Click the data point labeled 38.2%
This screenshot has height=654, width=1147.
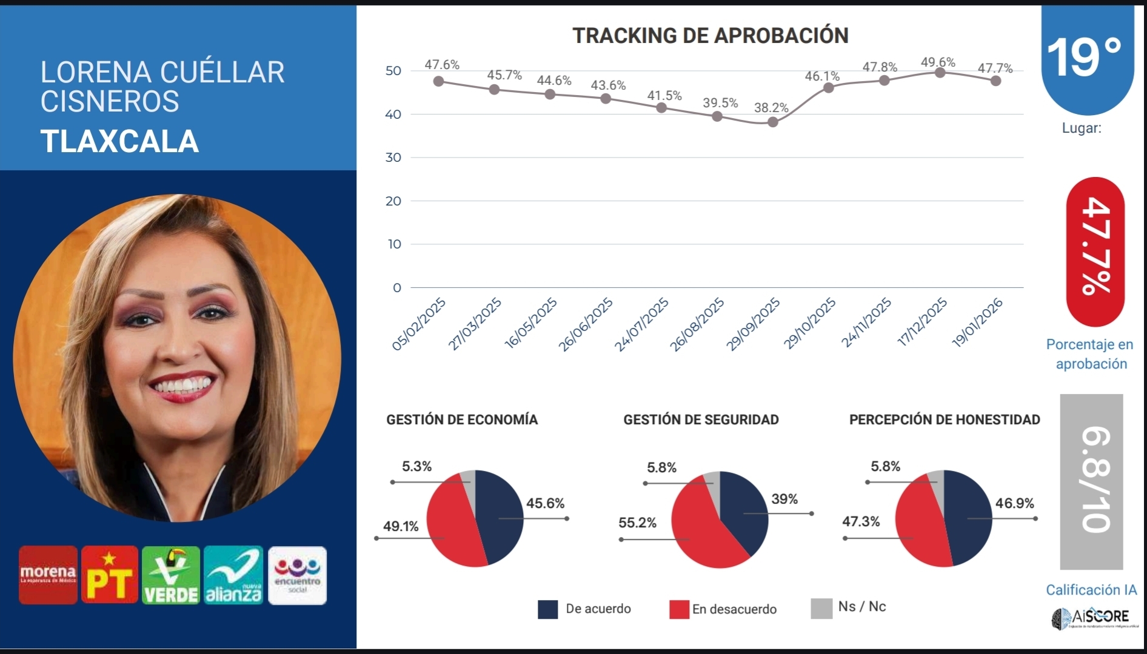[x=772, y=122]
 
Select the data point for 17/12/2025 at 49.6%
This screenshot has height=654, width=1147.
[x=940, y=73]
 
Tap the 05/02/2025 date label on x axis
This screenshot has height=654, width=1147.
[x=420, y=324]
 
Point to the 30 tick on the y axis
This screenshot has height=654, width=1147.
[x=393, y=158]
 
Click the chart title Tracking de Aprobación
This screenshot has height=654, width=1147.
[x=710, y=36]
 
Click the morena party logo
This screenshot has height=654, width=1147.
[x=48, y=575]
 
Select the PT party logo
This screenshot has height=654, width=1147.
[x=110, y=575]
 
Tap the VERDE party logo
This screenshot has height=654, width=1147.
[x=171, y=575]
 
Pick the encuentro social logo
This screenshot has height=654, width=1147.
[x=297, y=575]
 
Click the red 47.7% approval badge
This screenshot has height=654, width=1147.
[x=1095, y=252]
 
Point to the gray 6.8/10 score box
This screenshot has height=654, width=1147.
[x=1091, y=481]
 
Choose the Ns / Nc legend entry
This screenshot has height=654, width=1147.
[x=849, y=607]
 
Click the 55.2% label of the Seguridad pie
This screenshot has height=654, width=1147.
[x=637, y=522]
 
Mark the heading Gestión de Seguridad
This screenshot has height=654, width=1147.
[x=701, y=419]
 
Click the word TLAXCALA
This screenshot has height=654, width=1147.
[x=119, y=141]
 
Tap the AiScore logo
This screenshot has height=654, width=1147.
[x=1090, y=618]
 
